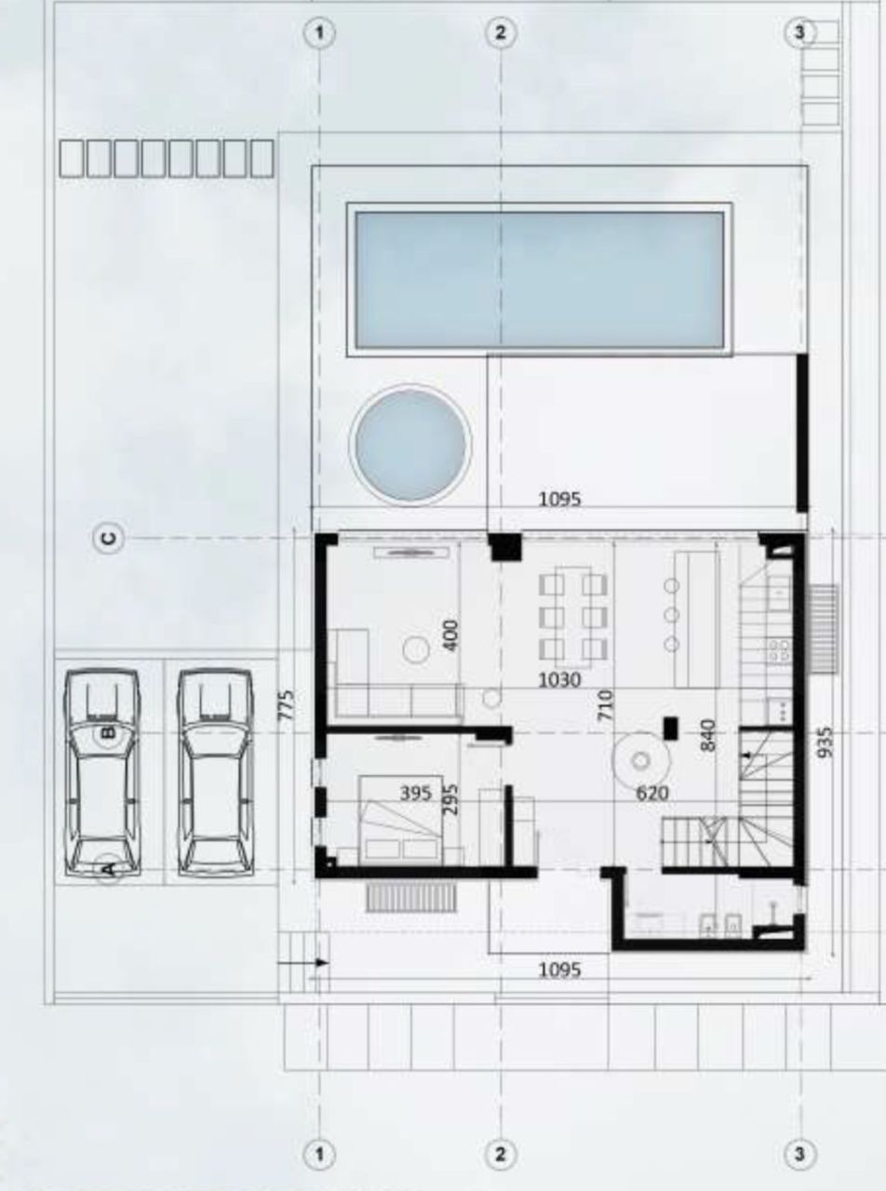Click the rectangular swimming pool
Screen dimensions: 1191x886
(540, 280)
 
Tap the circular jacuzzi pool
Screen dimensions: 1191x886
(409, 447)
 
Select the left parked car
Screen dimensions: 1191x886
(101, 772)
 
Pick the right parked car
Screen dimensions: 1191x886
(215, 772)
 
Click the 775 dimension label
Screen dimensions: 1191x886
(288, 705)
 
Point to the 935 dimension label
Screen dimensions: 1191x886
(826, 743)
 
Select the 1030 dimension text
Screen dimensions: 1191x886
(559, 680)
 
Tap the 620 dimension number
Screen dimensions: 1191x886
(651, 794)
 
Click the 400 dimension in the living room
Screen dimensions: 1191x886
(450, 636)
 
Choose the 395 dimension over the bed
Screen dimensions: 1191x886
(415, 793)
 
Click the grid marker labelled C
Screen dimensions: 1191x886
(109, 538)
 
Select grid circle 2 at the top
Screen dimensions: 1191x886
(501, 33)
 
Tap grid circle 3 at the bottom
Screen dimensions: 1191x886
(799, 1155)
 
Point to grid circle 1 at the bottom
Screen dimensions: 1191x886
(319, 1155)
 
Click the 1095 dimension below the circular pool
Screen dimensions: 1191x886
(559, 499)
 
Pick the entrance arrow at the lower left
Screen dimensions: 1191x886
(316, 962)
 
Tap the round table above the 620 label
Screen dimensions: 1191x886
(640, 760)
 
